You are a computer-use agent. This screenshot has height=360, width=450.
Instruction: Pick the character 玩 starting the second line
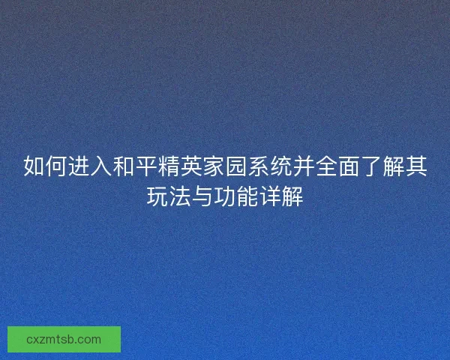(x=157, y=197)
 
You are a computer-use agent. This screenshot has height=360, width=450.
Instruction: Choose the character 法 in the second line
(x=180, y=197)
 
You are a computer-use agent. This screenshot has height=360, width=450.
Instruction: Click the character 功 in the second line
(x=225, y=197)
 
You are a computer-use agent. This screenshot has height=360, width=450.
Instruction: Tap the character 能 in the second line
(x=247, y=197)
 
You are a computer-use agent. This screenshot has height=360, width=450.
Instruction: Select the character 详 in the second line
(x=270, y=197)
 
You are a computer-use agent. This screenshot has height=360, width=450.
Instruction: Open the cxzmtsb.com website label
(x=64, y=339)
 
